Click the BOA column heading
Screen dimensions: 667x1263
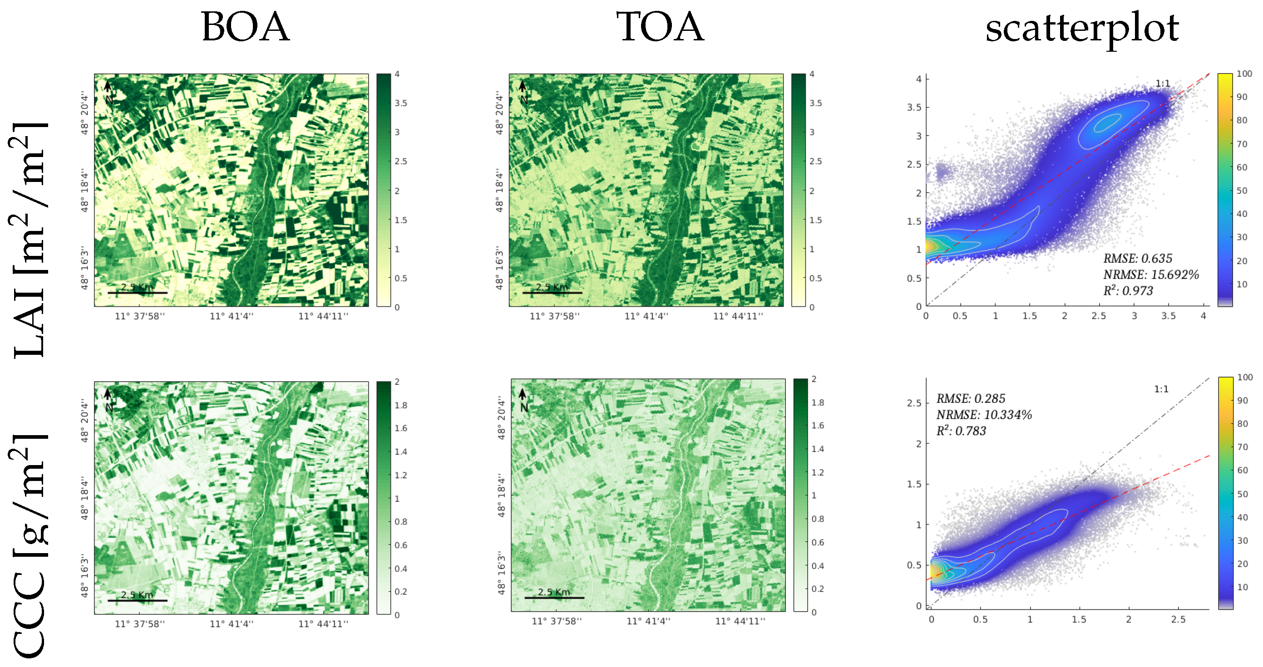245,27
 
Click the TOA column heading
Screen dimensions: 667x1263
660,27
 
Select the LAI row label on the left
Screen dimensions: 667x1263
30,240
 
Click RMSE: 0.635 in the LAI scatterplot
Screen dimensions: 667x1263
1138,258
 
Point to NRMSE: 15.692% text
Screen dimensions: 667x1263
1150,275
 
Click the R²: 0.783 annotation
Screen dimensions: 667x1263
961,431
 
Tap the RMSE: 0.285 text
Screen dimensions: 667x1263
970,398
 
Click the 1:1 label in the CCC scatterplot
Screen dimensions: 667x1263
1161,389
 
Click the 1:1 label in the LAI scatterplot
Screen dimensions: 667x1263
1163,83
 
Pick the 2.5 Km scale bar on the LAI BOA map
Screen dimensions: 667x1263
137,292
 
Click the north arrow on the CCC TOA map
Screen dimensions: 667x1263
523,394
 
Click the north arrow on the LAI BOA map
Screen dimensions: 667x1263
108,87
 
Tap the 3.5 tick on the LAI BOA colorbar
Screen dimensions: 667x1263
400,103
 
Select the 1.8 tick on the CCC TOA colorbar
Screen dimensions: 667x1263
817,402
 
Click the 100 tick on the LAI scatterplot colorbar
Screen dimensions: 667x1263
1244,74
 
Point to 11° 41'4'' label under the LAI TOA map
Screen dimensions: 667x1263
646,316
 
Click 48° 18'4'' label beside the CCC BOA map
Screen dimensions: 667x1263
85,498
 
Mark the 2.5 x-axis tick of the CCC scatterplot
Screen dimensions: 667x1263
1178,619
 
